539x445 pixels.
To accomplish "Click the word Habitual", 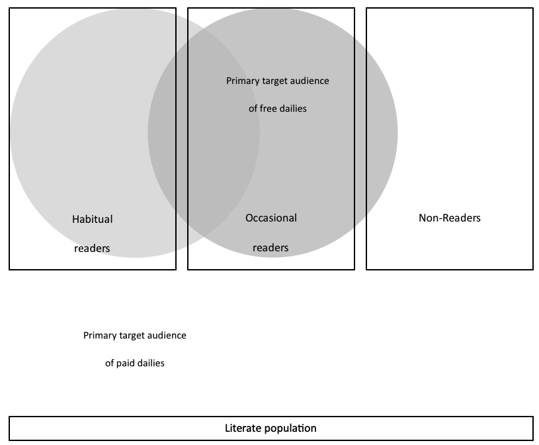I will pyautogui.click(x=93, y=219).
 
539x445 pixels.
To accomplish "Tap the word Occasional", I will pyautogui.click(x=271, y=218).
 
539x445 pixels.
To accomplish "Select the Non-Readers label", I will pyautogui.click(x=450, y=218).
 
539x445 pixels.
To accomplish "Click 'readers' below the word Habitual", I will pyautogui.click(x=93, y=249).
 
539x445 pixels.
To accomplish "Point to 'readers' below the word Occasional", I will pyautogui.click(x=271, y=248).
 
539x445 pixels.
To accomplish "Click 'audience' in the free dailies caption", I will pyautogui.click(x=310, y=81).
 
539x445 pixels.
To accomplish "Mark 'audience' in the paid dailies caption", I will pyautogui.click(x=167, y=336).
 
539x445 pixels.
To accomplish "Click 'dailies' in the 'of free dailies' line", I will pyautogui.click(x=292, y=108).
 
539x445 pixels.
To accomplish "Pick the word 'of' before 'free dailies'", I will pyautogui.click(x=253, y=108).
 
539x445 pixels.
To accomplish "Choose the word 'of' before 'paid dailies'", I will pyautogui.click(x=110, y=363).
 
